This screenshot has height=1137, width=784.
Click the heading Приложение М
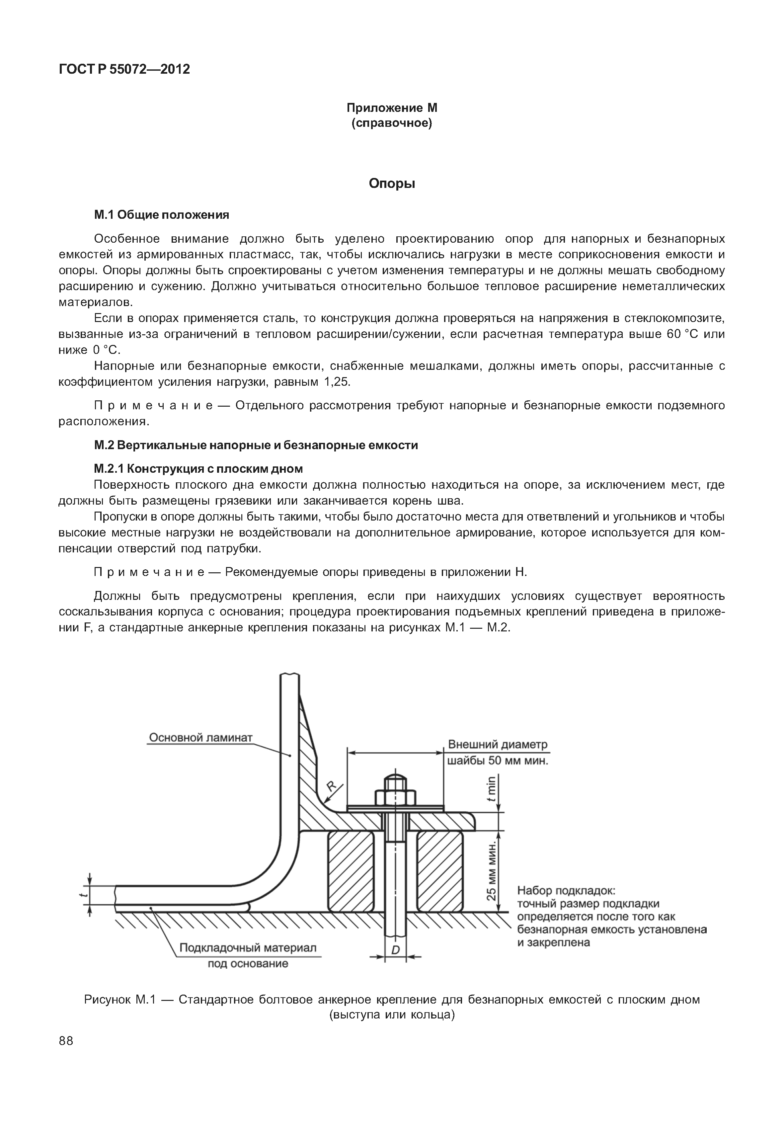click(392, 108)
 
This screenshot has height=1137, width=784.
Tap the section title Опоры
click(392, 184)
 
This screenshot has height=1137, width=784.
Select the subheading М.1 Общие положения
click(162, 215)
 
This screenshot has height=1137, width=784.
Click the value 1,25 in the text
click(337, 382)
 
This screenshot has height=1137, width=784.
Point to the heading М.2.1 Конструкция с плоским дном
click(198, 468)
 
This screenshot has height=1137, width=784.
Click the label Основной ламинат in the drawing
click(200, 738)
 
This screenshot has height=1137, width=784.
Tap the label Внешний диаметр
click(497, 744)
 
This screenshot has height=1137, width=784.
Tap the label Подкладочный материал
click(248, 947)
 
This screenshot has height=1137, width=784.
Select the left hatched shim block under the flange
click(350, 870)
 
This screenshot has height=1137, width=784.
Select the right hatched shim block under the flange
click(440, 870)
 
